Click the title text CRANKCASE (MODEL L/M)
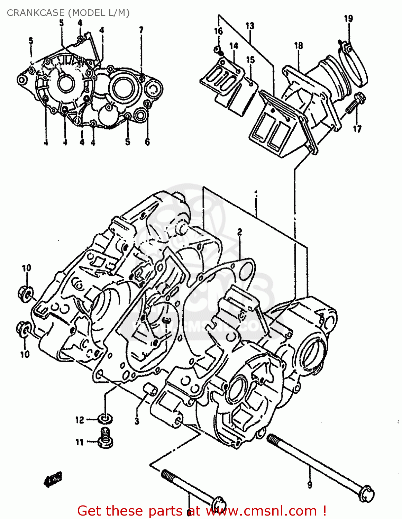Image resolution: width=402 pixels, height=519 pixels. point(68,13)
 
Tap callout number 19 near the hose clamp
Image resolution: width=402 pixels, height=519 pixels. point(348,19)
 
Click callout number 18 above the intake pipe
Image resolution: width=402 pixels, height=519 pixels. point(298,46)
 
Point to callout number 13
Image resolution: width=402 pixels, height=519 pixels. point(250,26)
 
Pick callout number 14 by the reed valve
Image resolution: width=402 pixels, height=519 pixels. point(234,46)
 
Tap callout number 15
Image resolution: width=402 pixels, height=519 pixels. point(250,60)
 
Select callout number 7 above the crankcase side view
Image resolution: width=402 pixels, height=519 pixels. point(141,30)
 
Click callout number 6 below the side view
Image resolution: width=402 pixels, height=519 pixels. point(147,142)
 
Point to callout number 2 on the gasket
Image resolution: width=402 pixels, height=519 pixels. point(239,232)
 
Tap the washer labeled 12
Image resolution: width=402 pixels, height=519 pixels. point(104,419)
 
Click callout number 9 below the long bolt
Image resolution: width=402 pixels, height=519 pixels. point(309,484)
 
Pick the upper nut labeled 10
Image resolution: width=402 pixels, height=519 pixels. point(25,293)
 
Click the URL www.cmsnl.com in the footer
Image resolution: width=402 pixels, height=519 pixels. point(262,511)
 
